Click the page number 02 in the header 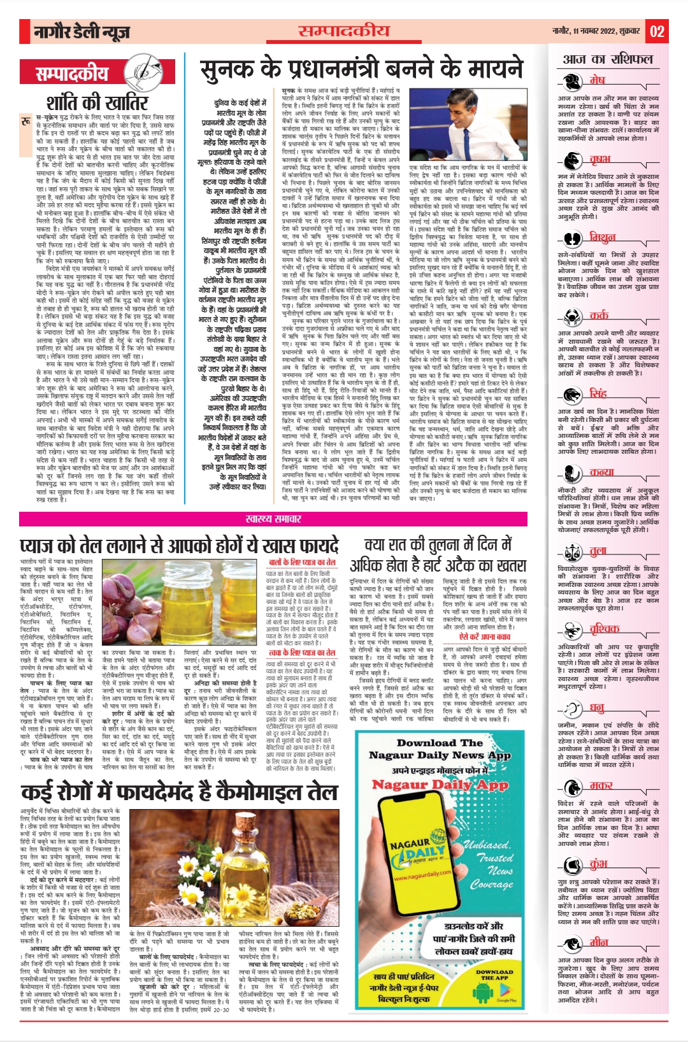click(657, 31)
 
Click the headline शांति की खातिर click(97, 102)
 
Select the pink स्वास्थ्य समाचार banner click(273, 519)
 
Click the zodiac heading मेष click(597, 80)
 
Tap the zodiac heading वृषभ click(599, 159)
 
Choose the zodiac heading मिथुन click(602, 237)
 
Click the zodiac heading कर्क click(599, 315)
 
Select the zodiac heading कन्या click(601, 472)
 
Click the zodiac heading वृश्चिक click(604, 629)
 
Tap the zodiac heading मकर click(601, 785)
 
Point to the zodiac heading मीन click(599, 942)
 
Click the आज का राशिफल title click(608, 59)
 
